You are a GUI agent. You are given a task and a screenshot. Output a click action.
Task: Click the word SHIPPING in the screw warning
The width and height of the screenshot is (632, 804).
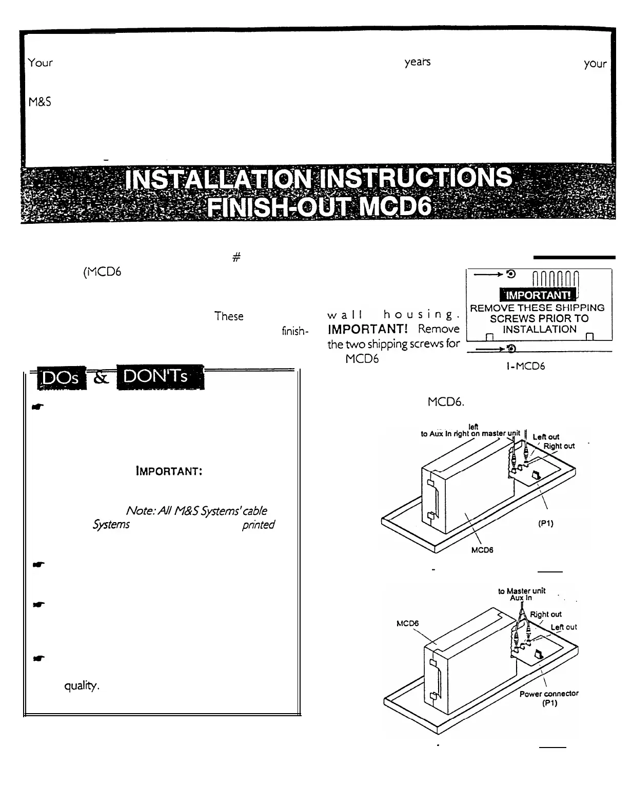tap(576, 308)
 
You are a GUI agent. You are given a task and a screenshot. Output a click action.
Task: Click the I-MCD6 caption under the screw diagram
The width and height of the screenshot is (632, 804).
tap(522, 366)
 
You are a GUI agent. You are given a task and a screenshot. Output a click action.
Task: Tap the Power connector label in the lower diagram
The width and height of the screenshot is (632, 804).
tap(548, 694)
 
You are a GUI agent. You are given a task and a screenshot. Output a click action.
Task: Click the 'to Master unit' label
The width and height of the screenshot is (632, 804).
tap(521, 591)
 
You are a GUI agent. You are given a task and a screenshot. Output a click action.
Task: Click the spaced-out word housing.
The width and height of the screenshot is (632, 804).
tap(419, 315)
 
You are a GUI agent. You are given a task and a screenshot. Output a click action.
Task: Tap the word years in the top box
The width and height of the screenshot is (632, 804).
tap(417, 63)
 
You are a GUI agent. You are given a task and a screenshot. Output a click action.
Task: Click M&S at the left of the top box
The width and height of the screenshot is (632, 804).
tap(39, 102)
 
